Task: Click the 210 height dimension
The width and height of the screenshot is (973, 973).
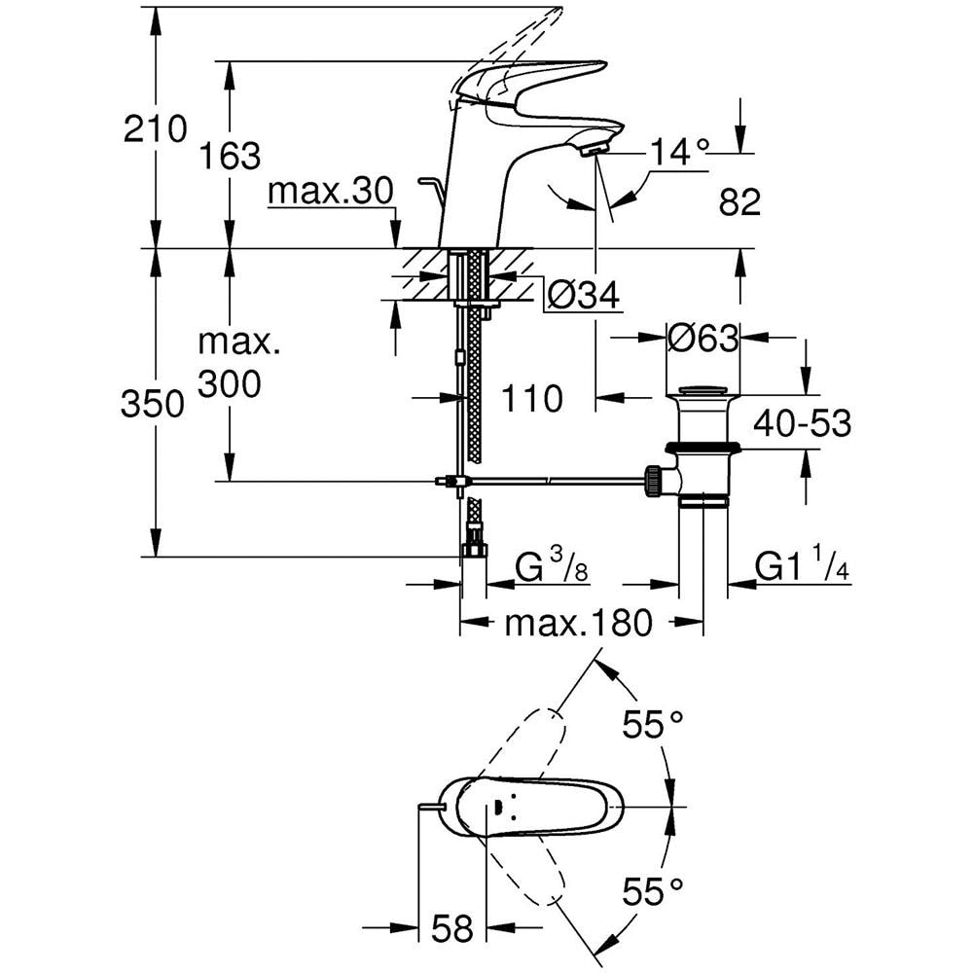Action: (x=155, y=129)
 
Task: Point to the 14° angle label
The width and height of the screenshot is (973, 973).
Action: (x=679, y=151)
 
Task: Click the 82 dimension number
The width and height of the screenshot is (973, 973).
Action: (x=739, y=201)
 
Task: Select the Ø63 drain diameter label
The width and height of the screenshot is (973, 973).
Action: (x=703, y=339)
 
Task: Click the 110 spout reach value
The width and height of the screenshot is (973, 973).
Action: (x=532, y=398)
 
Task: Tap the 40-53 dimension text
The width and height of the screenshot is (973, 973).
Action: (x=803, y=423)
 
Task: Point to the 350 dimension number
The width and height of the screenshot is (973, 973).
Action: (x=153, y=404)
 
